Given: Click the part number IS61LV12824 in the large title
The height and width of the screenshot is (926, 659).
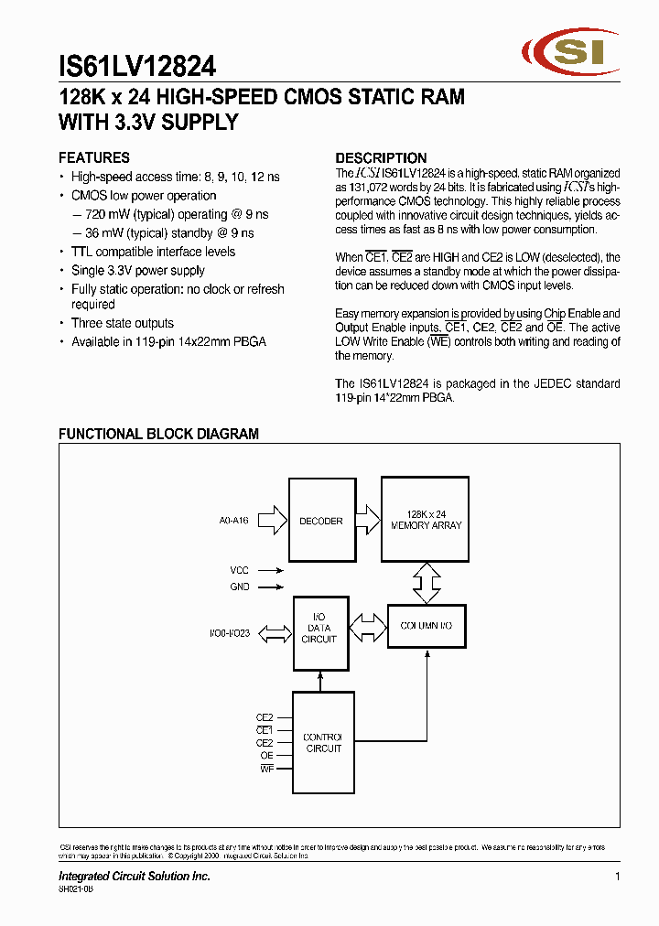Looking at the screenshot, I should pos(137,66).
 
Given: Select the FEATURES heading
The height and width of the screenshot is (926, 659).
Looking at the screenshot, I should pos(94,157).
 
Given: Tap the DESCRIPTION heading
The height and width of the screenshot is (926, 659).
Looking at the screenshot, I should pos(381,157).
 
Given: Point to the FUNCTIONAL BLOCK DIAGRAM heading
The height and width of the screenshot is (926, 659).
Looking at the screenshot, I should pos(158,434).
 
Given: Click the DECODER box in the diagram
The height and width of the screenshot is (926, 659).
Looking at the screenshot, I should pos(321,520).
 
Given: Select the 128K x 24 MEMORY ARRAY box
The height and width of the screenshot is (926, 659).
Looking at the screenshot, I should pos(426,519).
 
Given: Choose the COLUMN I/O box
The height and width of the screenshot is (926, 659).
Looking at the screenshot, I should pos(426,626).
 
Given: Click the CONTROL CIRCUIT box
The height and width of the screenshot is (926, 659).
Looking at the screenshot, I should pos(323,742).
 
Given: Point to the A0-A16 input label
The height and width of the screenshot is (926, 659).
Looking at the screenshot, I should pos(233,521).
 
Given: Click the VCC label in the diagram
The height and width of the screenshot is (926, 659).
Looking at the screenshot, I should pos(239,570).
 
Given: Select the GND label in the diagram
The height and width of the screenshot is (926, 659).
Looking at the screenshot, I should pos(239,587).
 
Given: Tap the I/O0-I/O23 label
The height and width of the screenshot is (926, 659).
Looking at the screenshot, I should pos(229,631).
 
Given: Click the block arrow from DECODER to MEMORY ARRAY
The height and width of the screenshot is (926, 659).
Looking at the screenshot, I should pos(367,520).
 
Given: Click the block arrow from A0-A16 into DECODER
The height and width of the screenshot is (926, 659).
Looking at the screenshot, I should pos(273,521).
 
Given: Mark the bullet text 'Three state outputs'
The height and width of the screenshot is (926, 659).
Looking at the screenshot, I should pos(123,323).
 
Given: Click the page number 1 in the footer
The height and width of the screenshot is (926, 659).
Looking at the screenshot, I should pos(618,877).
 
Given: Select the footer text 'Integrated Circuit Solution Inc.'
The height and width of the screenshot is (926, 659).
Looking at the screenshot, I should pos(135,877).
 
